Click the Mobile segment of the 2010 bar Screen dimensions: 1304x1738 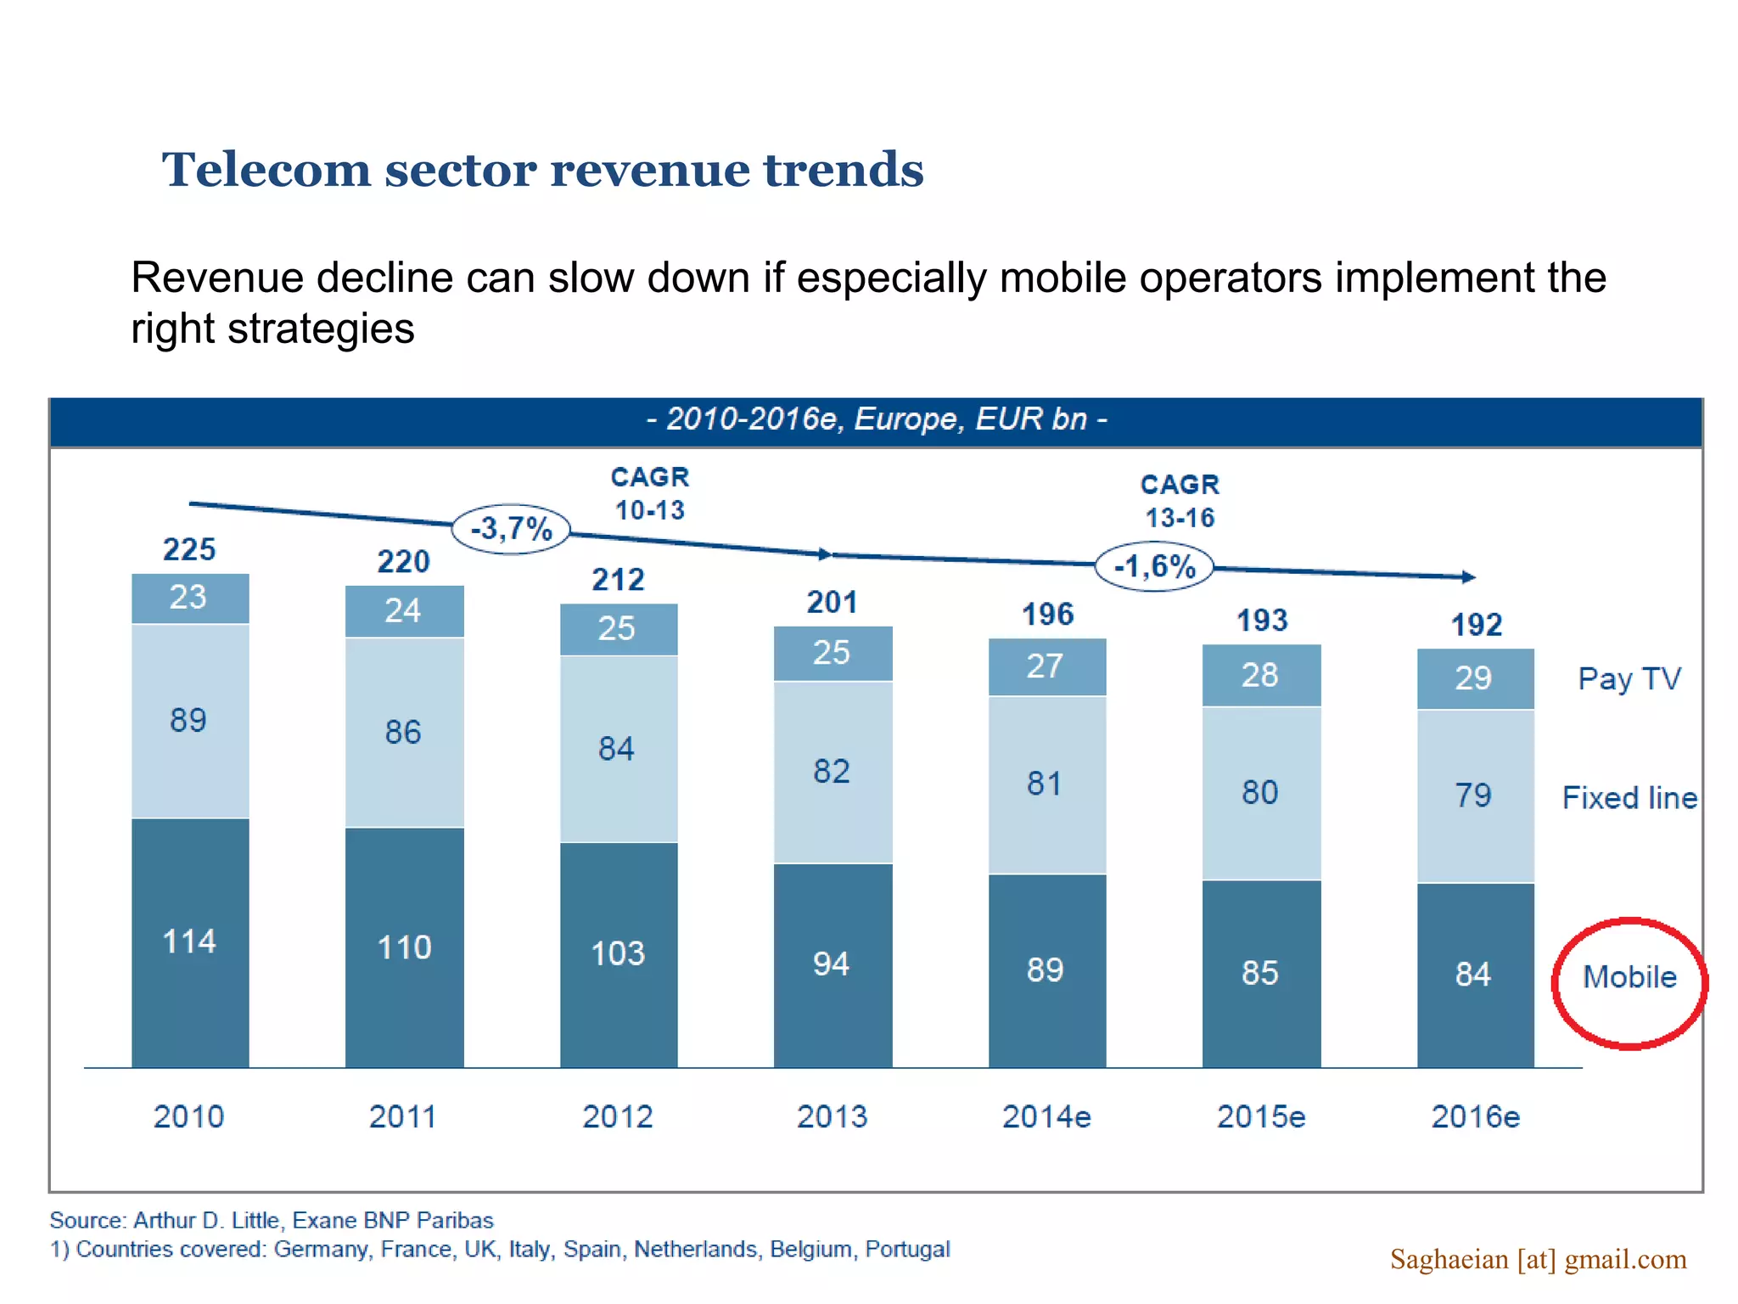pyautogui.click(x=190, y=942)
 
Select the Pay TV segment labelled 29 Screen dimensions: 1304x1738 pyautogui.click(x=1475, y=678)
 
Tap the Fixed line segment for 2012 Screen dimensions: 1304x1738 pyautogui.click(x=618, y=749)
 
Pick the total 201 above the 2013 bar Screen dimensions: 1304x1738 pyautogui.click(x=832, y=603)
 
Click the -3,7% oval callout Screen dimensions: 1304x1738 pyautogui.click(x=511, y=529)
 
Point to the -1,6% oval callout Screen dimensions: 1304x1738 pyautogui.click(x=1154, y=566)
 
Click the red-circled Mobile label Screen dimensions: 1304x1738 pyautogui.click(x=1629, y=978)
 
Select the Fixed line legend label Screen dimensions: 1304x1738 pyautogui.click(x=1629, y=798)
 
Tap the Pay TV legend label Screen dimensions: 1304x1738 pyautogui.click(x=1629, y=679)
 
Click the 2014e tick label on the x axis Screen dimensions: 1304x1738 pyautogui.click(x=1046, y=1116)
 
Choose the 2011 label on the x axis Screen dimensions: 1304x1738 pyautogui.click(x=403, y=1116)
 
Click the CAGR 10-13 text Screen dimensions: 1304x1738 pyautogui.click(x=650, y=493)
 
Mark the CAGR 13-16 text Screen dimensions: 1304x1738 pyautogui.click(x=1180, y=501)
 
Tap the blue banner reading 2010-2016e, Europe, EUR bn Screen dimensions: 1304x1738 pyautogui.click(x=876, y=420)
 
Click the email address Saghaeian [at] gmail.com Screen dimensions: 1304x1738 pyautogui.click(x=1538, y=1259)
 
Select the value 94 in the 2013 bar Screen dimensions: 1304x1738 pyautogui.click(x=832, y=964)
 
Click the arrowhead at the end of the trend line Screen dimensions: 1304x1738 pyautogui.click(x=1469, y=577)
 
